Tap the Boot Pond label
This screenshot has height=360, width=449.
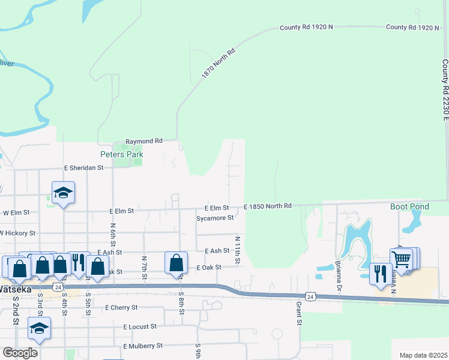pyautogui.click(x=409, y=206)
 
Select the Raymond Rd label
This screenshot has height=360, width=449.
pyautogui.click(x=143, y=140)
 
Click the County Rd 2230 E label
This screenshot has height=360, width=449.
pyautogui.click(x=445, y=98)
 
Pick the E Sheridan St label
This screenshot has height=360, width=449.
pyautogui.click(x=84, y=169)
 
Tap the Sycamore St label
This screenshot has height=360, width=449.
pyautogui.click(x=215, y=218)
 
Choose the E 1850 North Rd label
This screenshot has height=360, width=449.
pyautogui.click(x=267, y=206)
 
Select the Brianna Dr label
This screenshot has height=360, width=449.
pyautogui.click(x=339, y=274)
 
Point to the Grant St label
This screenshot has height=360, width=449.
pyautogui.click(x=298, y=313)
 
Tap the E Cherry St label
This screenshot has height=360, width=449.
pyautogui.click(x=121, y=307)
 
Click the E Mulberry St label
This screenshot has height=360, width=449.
pyautogui.click(x=143, y=346)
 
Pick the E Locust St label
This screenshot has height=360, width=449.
pyautogui.click(x=140, y=326)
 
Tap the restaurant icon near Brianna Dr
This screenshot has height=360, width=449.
pyautogui.click(x=380, y=274)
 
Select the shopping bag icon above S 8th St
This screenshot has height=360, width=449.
pyautogui.click(x=176, y=263)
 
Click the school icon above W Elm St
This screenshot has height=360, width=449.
pyautogui.click(x=63, y=193)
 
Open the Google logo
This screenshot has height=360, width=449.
pyautogui.click(x=20, y=352)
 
